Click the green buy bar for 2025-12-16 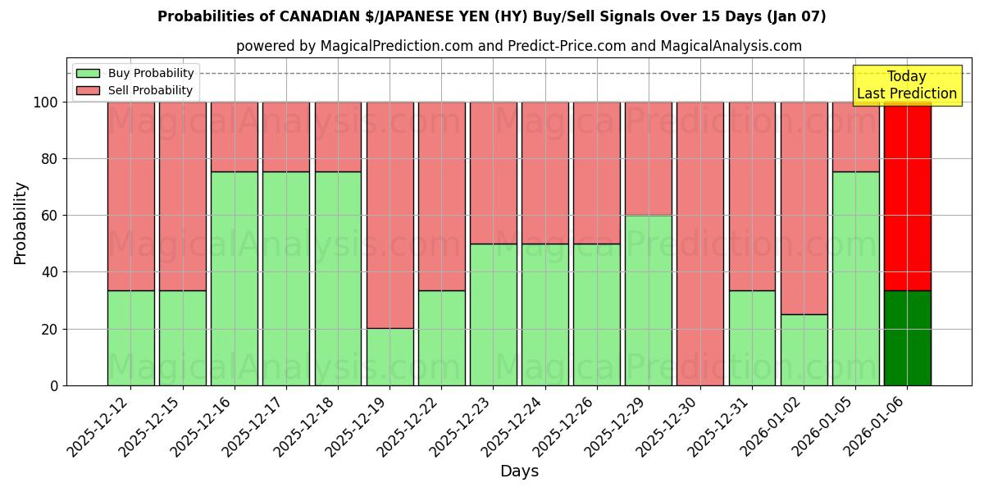coord(235,279)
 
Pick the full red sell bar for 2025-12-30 coord(700,244)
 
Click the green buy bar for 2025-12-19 coord(389,357)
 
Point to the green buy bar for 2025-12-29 coord(649,300)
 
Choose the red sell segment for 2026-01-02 coord(804,208)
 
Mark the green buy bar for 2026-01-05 coord(856,279)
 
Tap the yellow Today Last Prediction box coord(907,85)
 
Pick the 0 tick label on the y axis coord(54,385)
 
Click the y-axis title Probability coord(21,223)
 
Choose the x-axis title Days coord(519,471)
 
